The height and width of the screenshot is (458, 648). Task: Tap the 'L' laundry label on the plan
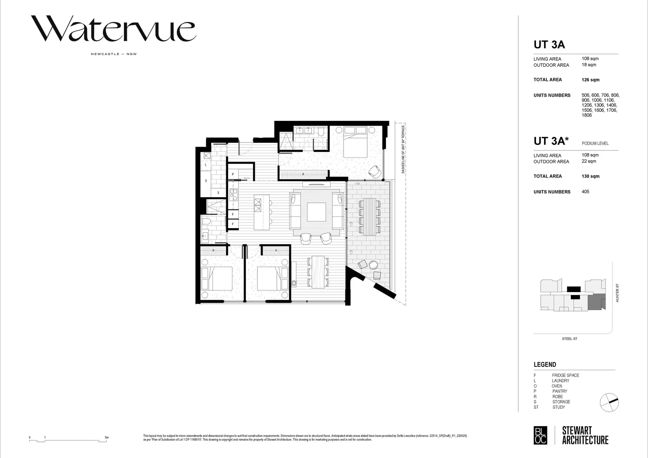206,165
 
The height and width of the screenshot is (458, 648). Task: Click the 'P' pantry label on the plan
233,174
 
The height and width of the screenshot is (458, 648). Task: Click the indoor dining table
318,272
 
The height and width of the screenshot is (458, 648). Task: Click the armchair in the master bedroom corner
375,171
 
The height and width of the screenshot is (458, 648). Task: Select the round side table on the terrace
373,265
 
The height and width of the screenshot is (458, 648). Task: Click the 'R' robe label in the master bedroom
303,174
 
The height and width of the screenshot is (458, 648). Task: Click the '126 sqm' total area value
590,80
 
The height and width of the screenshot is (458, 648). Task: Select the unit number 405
585,192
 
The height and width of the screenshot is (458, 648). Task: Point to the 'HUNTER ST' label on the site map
617,293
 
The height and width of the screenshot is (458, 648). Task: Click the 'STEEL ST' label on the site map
569,339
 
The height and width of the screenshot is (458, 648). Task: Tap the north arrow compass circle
609,402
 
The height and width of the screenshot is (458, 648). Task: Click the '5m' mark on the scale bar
106,437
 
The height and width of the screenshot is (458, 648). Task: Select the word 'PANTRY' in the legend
559,391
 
